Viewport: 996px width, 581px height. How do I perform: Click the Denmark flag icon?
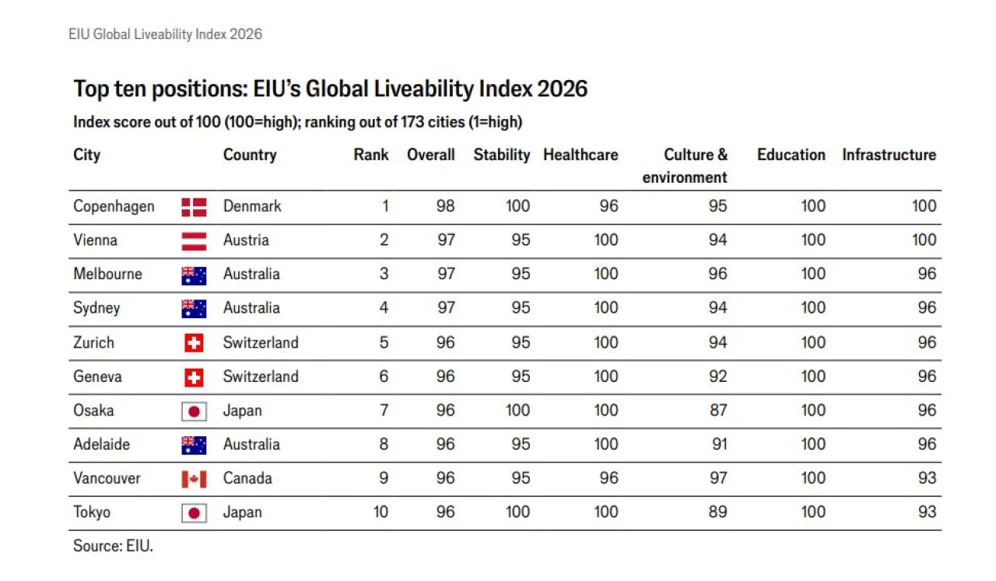[x=194, y=207]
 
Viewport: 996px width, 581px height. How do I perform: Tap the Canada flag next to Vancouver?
[x=194, y=479]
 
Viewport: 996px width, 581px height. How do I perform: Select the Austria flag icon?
[x=194, y=241]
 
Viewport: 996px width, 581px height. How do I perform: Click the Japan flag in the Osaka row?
[x=194, y=411]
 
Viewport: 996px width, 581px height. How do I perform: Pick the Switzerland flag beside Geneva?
[x=194, y=378]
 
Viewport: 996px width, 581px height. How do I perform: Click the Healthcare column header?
[x=580, y=155]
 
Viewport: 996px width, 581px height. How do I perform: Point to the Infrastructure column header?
[x=889, y=155]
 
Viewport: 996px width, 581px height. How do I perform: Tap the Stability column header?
[x=502, y=155]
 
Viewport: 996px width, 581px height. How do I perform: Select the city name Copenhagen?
[x=114, y=207]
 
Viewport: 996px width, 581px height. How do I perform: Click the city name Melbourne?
[x=107, y=274]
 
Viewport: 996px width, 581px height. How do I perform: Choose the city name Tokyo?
[x=92, y=512]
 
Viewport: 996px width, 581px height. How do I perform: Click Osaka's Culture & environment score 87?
[x=718, y=411]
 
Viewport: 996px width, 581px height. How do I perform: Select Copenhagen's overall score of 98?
[x=446, y=206]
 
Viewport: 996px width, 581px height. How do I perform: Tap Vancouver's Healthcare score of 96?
[x=608, y=478]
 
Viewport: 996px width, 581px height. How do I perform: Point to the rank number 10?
[x=381, y=512]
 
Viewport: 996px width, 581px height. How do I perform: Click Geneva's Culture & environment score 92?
[x=718, y=376]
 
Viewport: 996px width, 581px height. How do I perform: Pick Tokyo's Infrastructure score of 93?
[x=927, y=512]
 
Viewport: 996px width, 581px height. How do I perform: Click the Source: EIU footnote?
[x=113, y=546]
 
